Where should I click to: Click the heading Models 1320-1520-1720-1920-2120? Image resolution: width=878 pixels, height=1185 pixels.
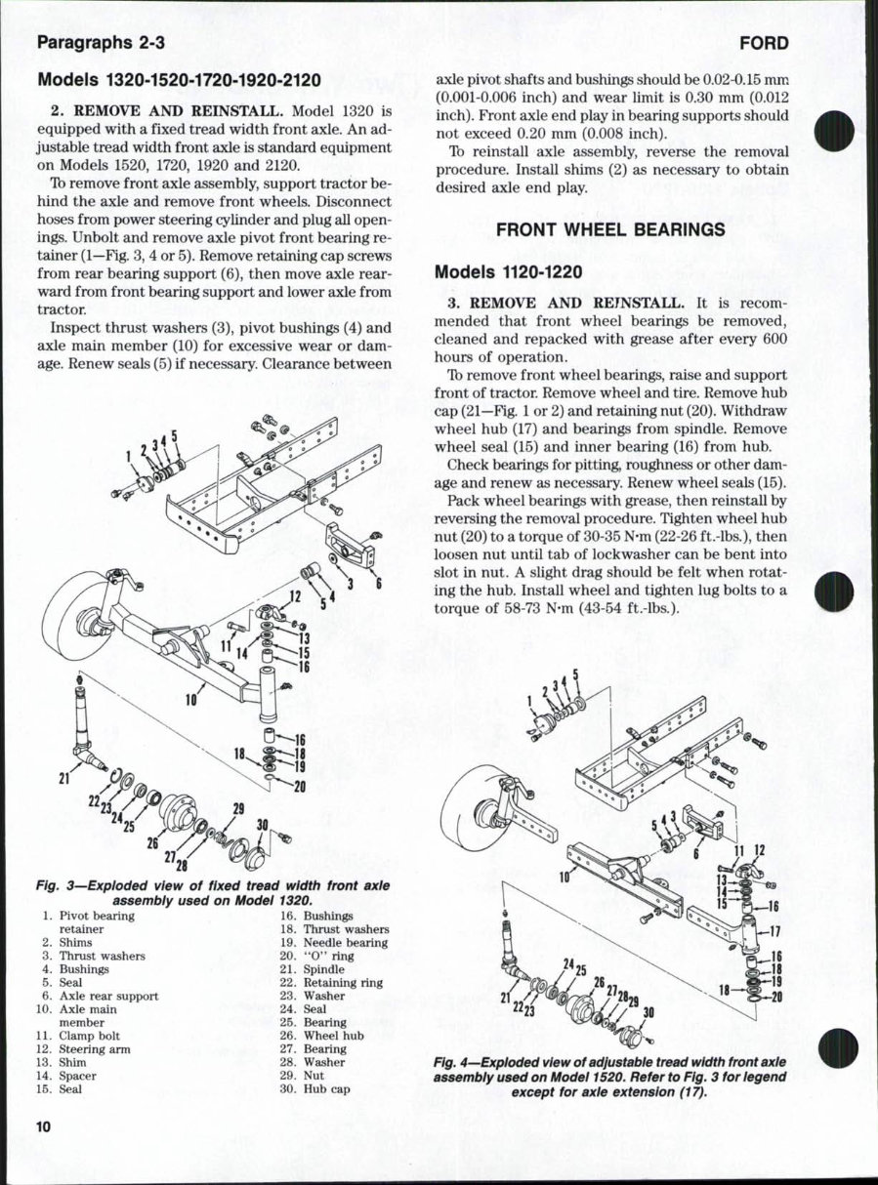click(x=180, y=80)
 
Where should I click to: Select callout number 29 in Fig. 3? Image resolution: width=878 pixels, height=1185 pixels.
click(x=238, y=807)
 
